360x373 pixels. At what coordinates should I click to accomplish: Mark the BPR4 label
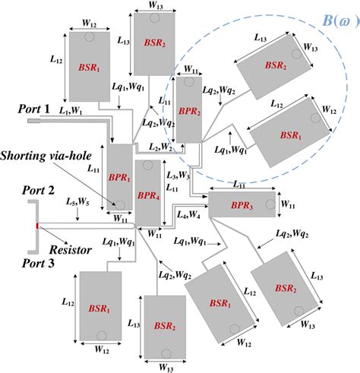tap(148, 193)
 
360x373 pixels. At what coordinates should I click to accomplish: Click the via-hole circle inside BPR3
tap(269, 203)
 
